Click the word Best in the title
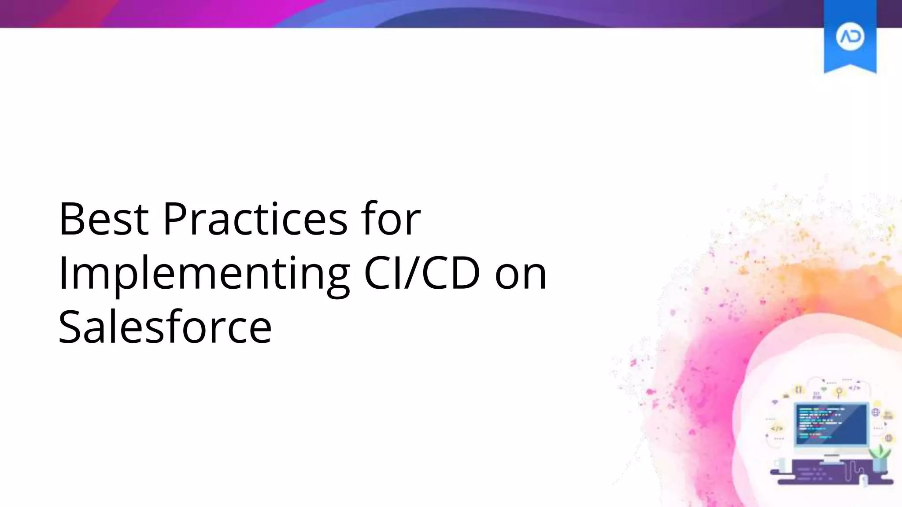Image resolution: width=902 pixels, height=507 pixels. (104, 219)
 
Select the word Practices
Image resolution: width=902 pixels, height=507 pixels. (255, 219)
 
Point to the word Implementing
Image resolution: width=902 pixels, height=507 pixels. (204, 274)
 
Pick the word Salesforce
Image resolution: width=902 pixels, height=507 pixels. (165, 327)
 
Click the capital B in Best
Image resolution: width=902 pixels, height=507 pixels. (73, 219)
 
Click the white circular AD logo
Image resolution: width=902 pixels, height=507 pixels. (850, 37)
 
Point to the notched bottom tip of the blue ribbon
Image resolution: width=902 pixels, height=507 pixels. (850, 66)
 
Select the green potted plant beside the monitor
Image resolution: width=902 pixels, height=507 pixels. (880, 458)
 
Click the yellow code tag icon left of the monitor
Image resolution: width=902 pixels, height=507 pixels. (777, 428)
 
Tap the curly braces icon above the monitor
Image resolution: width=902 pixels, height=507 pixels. (798, 389)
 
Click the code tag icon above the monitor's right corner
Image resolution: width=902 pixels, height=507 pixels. (854, 388)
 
